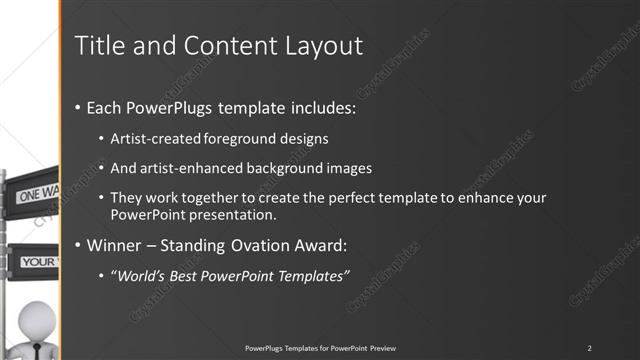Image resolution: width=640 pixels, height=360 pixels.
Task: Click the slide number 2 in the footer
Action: (x=589, y=347)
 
